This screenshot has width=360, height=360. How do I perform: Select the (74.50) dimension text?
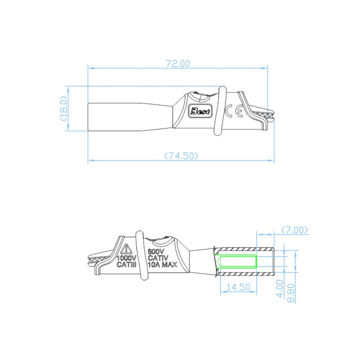click(x=180, y=156)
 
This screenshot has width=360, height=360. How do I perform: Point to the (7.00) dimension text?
click(x=295, y=230)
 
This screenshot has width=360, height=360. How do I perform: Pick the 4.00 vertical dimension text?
click(x=280, y=288)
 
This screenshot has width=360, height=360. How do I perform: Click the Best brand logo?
click(x=198, y=111)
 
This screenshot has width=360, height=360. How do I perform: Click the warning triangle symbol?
click(x=126, y=248)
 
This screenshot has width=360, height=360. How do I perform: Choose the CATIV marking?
click(x=157, y=259)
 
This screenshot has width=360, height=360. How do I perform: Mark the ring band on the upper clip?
click(x=220, y=110)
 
